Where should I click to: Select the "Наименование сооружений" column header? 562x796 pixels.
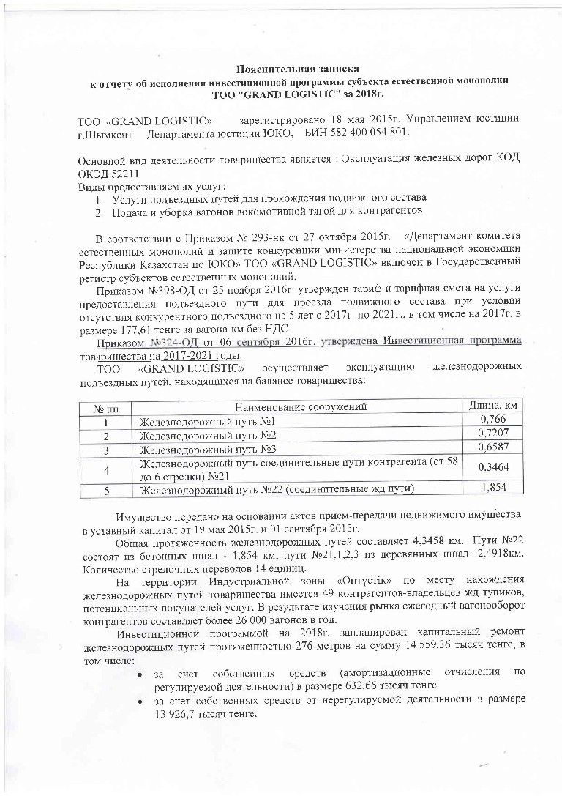300,407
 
